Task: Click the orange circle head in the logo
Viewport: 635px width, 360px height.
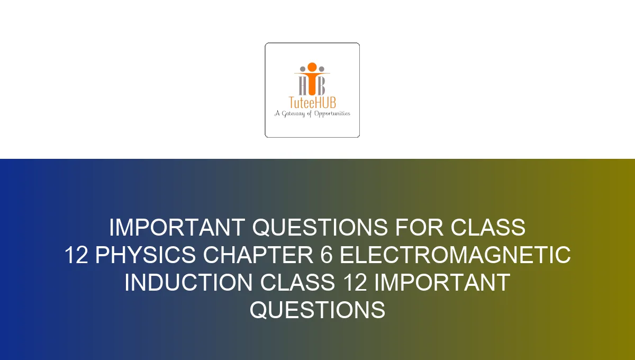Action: point(312,67)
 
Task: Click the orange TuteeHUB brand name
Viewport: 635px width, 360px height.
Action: point(312,103)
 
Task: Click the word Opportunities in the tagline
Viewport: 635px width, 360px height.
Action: point(332,113)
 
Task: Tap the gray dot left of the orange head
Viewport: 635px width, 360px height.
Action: point(303,69)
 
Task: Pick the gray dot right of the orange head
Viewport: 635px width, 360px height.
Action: point(321,69)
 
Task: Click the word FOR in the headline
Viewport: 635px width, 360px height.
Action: point(420,228)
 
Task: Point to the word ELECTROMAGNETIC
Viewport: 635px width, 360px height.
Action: point(455,256)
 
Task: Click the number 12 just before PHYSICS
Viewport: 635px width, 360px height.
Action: point(76,256)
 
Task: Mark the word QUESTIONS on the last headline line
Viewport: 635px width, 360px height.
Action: point(317,310)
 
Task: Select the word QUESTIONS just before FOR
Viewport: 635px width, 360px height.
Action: point(320,228)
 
